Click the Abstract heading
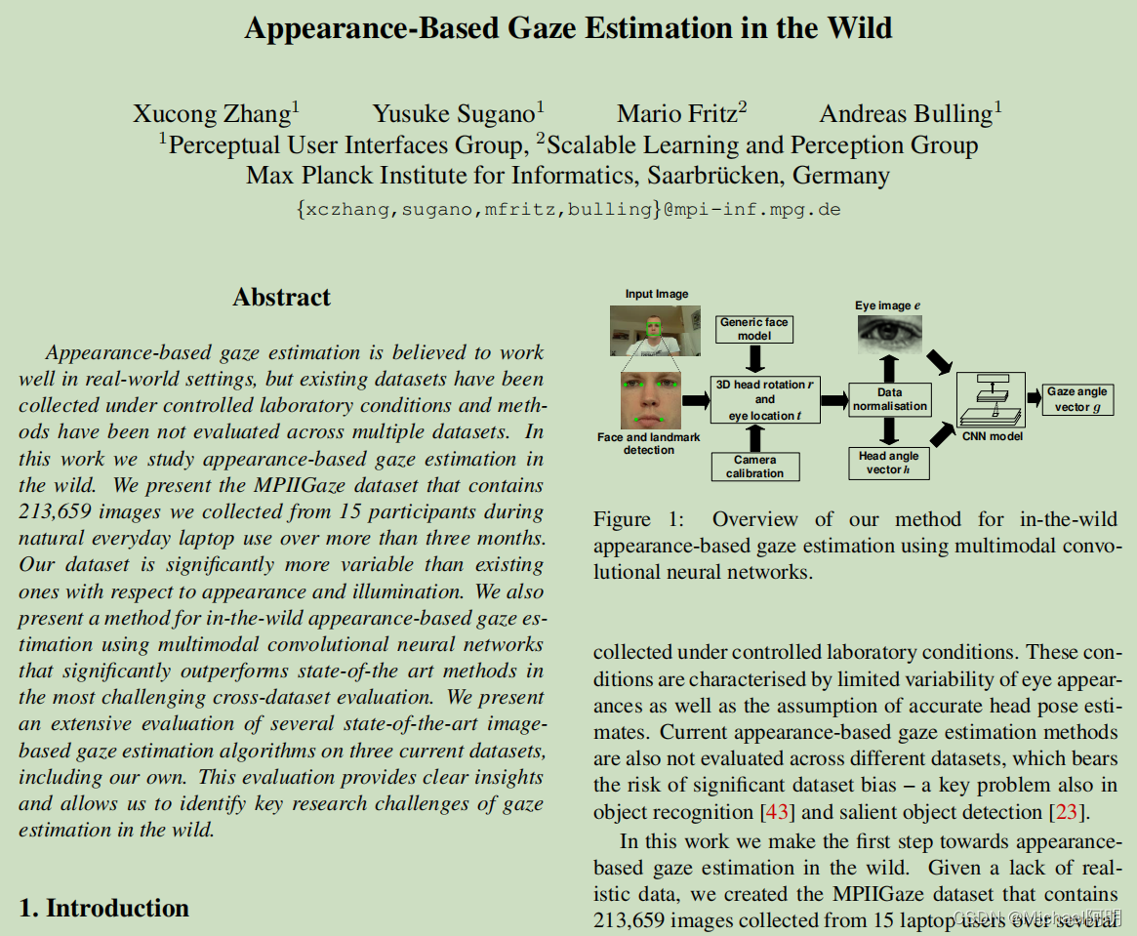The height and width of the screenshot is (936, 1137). (281, 298)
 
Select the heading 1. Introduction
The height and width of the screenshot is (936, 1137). (103, 908)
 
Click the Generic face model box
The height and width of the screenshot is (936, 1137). (754, 329)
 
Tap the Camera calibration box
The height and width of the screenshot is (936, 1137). (754, 467)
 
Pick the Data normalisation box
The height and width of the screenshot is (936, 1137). (889, 399)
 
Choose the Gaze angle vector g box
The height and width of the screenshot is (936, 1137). (1077, 399)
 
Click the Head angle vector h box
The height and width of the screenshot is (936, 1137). (888, 463)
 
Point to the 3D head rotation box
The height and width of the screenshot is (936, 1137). (764, 399)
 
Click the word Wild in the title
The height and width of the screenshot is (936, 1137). (858, 27)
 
